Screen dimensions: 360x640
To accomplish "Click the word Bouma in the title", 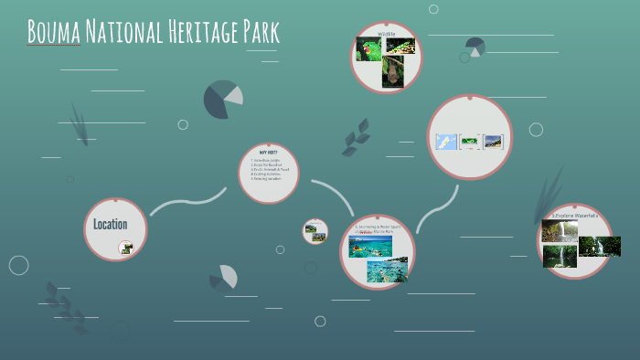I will pos(54,32).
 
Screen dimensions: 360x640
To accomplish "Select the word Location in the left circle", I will pos(110,224).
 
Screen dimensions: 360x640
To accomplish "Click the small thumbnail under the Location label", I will pos(125,247).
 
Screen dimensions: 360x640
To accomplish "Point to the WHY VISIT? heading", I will pos(268,152).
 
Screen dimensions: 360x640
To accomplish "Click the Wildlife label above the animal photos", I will pos(386,34).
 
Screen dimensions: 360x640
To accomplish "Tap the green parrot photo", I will pos(368,49).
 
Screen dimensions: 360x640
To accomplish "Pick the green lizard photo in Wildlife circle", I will pos(401,46).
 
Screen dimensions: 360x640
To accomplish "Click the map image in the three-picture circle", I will pos(445,142).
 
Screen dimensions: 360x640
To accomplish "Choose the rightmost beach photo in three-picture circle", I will pos(493,142).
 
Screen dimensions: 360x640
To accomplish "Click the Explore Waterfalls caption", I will pos(574,216).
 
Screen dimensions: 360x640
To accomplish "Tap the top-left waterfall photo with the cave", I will pos(559,230).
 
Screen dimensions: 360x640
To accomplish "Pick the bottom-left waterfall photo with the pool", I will pos(559,257).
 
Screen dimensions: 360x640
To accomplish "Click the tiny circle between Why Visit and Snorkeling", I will pos(315,231).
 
